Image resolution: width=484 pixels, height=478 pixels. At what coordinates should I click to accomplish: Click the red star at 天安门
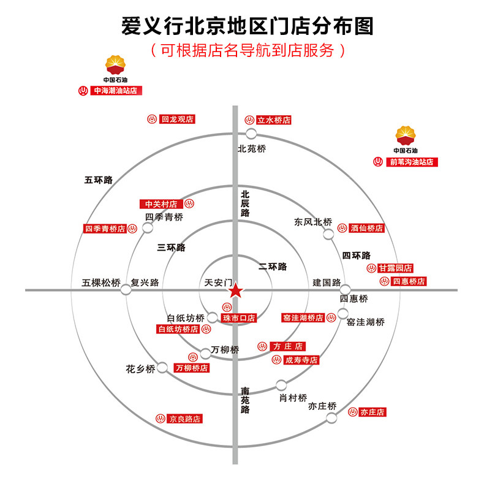coord(235,291)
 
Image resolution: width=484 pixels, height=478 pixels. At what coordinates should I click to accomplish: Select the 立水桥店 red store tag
coord(273,120)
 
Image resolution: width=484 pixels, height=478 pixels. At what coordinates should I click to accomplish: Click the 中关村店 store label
coord(161,204)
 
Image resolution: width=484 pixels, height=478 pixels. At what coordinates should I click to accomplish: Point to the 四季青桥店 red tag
coord(105,229)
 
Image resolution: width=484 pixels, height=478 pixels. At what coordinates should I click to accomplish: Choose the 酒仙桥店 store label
coord(367,228)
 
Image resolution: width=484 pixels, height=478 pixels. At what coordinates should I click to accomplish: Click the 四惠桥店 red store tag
coord(409,281)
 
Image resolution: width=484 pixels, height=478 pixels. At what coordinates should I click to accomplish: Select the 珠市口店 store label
coord(238,318)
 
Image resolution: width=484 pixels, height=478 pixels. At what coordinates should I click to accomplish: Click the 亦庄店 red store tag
coord(372,412)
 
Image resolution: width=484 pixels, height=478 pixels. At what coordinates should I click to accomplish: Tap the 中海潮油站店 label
coord(116,91)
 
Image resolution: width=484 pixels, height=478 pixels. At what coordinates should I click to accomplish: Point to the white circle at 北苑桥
coord(251,134)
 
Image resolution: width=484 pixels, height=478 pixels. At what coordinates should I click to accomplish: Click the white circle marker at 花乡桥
coord(162,368)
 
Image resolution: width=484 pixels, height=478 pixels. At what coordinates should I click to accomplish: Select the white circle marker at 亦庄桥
coord(331,418)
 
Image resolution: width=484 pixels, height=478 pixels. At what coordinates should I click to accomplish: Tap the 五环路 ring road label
coord(99,180)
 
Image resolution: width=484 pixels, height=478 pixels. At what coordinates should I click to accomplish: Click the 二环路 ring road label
coord(273,267)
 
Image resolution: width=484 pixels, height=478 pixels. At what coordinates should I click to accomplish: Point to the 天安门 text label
coord(219,283)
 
